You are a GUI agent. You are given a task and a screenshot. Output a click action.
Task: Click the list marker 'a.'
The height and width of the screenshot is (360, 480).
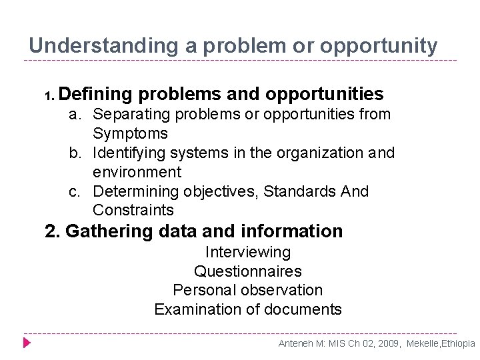tap(78, 115)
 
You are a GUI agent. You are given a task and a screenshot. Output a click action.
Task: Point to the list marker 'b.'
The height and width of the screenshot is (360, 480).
tap(78, 153)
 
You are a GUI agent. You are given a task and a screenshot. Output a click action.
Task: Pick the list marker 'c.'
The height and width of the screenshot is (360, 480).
tap(78, 191)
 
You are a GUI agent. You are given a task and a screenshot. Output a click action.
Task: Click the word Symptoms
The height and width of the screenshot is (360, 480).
tap(130, 133)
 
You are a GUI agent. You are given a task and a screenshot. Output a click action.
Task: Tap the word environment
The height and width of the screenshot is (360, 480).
tap(137, 172)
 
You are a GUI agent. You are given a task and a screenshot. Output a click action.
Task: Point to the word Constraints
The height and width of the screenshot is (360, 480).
tap(133, 211)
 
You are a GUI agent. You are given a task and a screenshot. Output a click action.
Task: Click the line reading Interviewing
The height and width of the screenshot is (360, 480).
tap(248, 252)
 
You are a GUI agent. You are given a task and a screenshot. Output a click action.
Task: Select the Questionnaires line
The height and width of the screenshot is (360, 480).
tap(248, 271)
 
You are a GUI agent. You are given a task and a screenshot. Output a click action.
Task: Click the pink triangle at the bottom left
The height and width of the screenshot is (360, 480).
tap(27, 343)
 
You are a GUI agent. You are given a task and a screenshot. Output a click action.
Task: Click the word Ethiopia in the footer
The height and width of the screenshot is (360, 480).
tap(457, 343)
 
